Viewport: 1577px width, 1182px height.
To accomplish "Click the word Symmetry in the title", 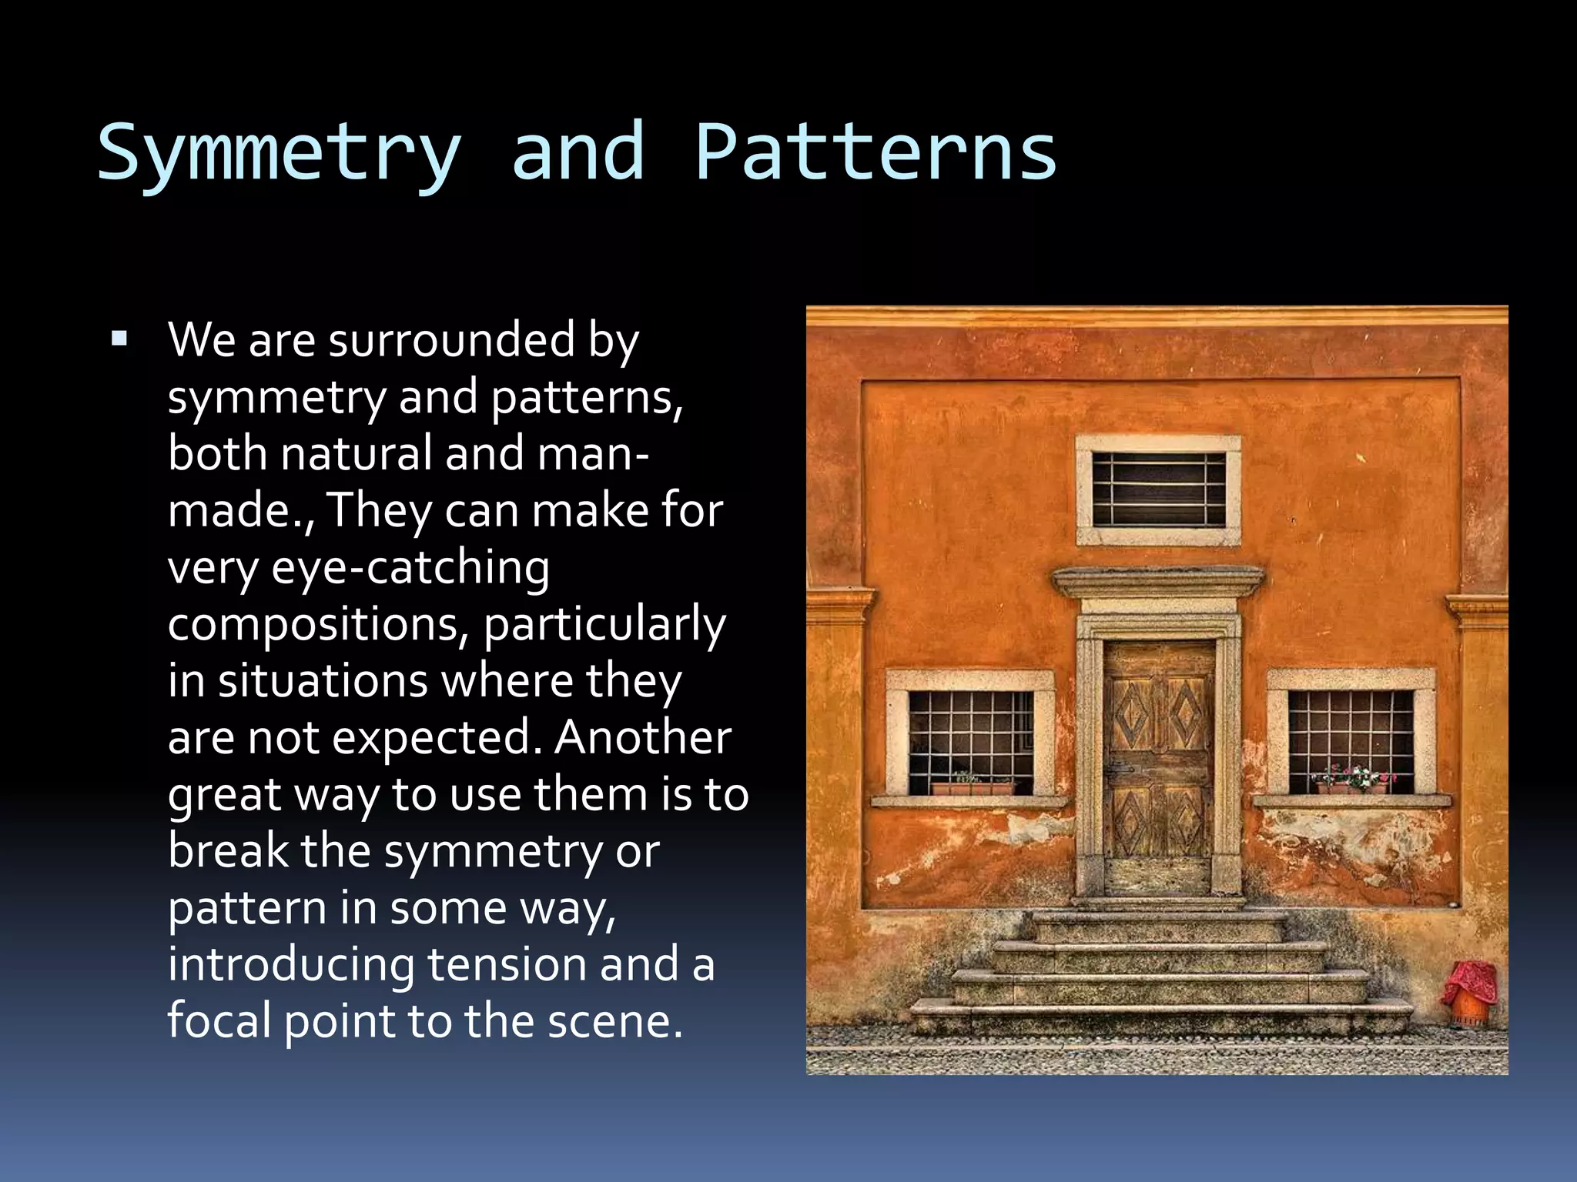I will click(x=279, y=154).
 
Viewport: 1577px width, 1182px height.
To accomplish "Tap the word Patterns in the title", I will click(x=876, y=152).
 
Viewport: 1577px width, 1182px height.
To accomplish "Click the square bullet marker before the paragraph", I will click(x=119, y=339).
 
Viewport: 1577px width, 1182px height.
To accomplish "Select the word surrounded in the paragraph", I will click(x=452, y=340).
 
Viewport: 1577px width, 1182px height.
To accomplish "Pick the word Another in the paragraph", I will click(x=642, y=737).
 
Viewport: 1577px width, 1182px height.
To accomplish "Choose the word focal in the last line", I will click(x=219, y=1021).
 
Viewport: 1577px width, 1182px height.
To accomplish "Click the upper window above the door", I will click(x=1158, y=489).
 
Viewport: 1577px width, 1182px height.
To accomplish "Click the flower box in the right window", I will click(x=1353, y=783).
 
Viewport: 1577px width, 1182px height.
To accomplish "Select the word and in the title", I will click(x=578, y=152).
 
